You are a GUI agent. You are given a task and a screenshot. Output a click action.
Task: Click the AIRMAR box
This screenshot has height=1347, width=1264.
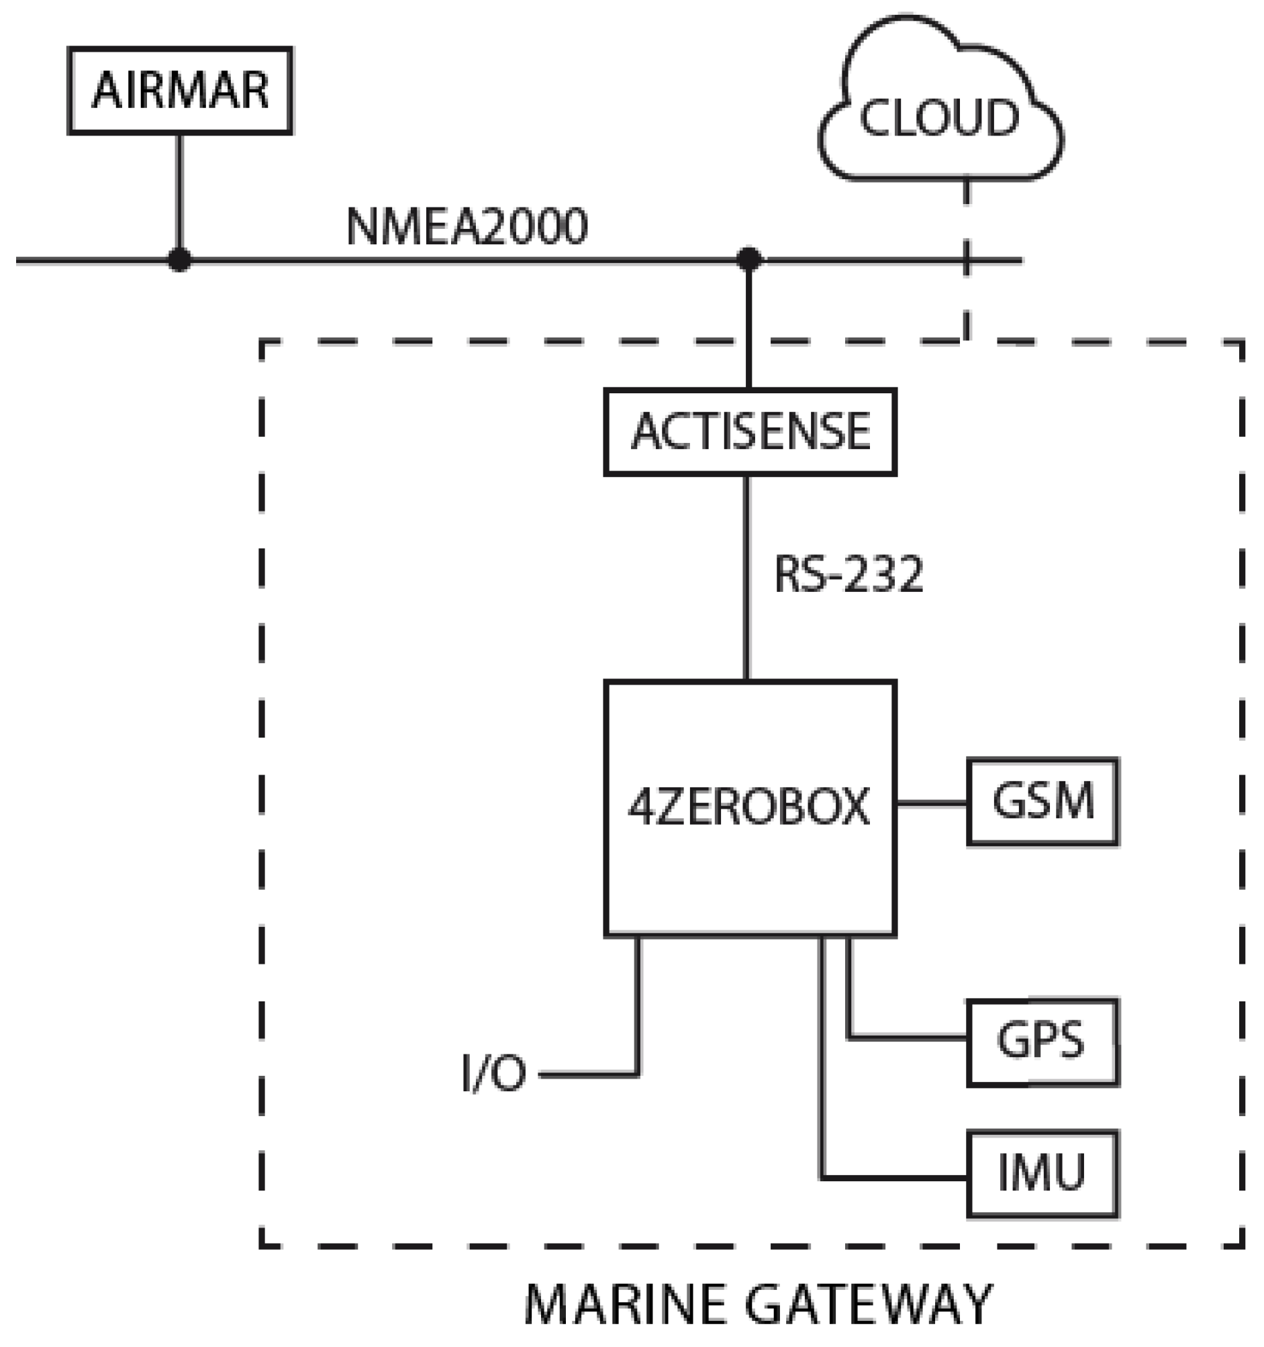click(x=180, y=90)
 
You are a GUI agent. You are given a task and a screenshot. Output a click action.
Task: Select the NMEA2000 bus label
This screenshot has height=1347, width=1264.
click(x=467, y=226)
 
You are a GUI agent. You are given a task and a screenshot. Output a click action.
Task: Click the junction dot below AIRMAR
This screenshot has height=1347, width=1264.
click(x=180, y=259)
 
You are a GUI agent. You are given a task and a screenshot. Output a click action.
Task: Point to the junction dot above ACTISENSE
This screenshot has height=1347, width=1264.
click(x=748, y=259)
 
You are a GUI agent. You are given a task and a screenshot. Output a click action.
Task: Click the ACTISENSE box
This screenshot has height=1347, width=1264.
click(x=750, y=432)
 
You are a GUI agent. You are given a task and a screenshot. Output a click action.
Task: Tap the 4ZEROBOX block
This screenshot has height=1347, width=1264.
click(x=750, y=807)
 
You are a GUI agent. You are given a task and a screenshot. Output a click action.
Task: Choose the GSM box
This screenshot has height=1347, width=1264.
click(x=1042, y=801)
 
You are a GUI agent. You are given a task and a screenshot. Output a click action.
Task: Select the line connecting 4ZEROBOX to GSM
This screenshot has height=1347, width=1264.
click(x=932, y=803)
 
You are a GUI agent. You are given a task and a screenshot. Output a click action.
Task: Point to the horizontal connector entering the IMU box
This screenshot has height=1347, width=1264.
click(x=895, y=1178)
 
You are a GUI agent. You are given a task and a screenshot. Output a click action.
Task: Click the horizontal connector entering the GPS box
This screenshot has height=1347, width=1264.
click(x=908, y=1037)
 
